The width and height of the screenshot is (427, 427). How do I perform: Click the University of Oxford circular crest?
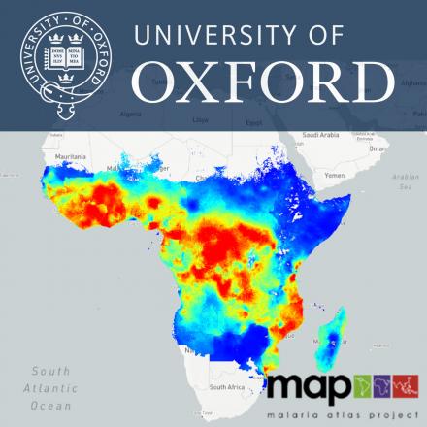click(63, 61)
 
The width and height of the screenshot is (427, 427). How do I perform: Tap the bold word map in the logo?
click(310, 387)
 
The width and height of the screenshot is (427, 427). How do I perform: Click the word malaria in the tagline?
click(295, 414)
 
